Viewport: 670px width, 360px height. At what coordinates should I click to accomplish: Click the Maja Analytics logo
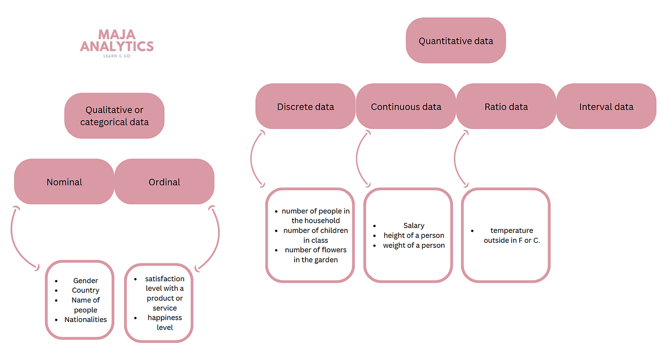[117, 43]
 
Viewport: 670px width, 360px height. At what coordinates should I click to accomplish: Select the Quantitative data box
[456, 41]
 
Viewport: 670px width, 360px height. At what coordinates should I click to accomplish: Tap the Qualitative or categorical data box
[114, 116]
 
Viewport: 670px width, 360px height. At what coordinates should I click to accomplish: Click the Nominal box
[64, 182]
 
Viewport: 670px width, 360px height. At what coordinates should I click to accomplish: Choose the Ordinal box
[164, 182]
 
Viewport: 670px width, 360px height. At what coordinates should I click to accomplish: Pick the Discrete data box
[305, 107]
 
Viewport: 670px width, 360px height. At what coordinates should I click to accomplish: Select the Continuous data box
[406, 107]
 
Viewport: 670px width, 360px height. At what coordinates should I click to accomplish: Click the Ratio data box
[506, 107]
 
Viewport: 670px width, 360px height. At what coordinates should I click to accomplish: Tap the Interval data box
[606, 107]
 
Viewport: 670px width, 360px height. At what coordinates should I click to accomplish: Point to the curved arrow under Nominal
[21, 237]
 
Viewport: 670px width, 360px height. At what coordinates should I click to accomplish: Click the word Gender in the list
[85, 281]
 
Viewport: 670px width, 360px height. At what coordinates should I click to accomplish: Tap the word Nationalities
[85, 320]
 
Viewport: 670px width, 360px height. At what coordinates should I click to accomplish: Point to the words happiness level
[165, 323]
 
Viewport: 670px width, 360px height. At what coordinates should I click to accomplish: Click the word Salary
[414, 226]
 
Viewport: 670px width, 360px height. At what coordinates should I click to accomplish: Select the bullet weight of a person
[414, 246]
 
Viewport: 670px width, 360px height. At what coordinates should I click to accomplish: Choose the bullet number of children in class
[315, 236]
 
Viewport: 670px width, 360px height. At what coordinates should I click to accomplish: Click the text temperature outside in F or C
[511, 236]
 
